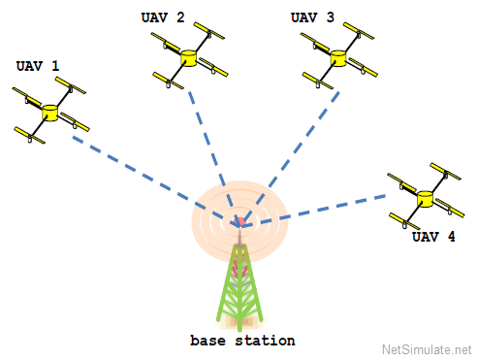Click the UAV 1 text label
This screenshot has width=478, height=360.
tap(38, 66)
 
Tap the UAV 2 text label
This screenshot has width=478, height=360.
tap(163, 17)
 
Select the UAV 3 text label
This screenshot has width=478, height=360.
tap(312, 17)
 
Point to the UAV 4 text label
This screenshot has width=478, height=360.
tap(433, 237)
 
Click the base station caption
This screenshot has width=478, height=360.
tap(242, 341)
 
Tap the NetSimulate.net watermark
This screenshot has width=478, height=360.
tap(427, 349)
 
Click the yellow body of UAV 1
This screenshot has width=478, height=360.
tap(49, 113)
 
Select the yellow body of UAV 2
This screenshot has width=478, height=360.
tap(188, 58)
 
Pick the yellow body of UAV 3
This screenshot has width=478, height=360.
tap(338, 58)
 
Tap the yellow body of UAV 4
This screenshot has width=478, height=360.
tap(425, 199)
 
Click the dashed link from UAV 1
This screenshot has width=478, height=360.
tap(155, 180)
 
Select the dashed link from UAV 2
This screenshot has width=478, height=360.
tap(213, 158)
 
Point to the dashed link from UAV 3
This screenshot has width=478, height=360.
tap(289, 158)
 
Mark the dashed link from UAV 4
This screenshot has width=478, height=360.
tap(313, 211)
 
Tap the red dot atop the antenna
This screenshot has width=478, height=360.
tap(239, 221)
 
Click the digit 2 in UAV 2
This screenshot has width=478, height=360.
tap(180, 17)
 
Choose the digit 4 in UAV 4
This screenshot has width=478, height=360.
tap(452, 237)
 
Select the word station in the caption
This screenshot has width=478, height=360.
tap(265, 341)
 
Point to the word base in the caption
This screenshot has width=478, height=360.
tap(207, 341)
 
